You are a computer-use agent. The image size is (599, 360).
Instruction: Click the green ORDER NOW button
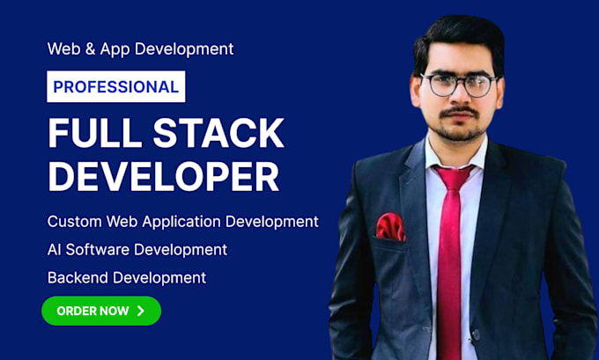point(101,311)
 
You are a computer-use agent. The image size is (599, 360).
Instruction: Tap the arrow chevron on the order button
point(141,311)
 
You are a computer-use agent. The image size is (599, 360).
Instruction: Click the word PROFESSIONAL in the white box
point(115,86)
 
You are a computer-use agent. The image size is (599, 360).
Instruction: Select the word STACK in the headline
point(218,133)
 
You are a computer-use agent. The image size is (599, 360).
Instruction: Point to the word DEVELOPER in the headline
point(164,177)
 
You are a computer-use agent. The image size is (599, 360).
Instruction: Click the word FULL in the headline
point(95,133)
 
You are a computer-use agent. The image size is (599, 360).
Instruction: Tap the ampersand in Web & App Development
point(90,49)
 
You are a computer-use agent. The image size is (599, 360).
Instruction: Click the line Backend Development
point(127,277)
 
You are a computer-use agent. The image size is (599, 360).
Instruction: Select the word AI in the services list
point(54,250)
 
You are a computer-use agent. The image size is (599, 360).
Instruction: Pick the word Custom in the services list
point(75,222)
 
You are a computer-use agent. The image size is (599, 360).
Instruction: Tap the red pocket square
point(390,226)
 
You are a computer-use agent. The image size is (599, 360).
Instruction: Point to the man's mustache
point(458,112)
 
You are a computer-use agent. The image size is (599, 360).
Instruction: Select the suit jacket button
point(476,334)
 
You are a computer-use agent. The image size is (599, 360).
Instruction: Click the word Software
point(98,250)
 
